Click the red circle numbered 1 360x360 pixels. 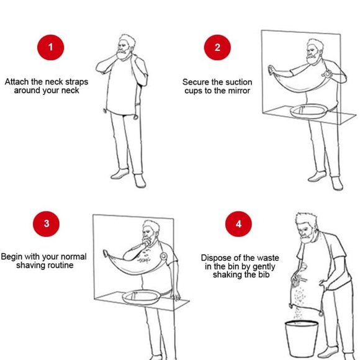(x=50, y=47)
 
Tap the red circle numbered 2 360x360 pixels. (x=217, y=47)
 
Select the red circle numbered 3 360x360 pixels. (x=46, y=223)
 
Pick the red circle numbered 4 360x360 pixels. (x=238, y=223)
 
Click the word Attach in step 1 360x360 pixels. (x=17, y=82)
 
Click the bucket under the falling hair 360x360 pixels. (x=302, y=339)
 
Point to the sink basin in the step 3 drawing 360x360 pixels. (x=141, y=297)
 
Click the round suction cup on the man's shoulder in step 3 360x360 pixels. (x=163, y=256)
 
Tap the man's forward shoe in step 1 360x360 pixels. (x=120, y=174)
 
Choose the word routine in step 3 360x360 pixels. (x=61, y=266)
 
